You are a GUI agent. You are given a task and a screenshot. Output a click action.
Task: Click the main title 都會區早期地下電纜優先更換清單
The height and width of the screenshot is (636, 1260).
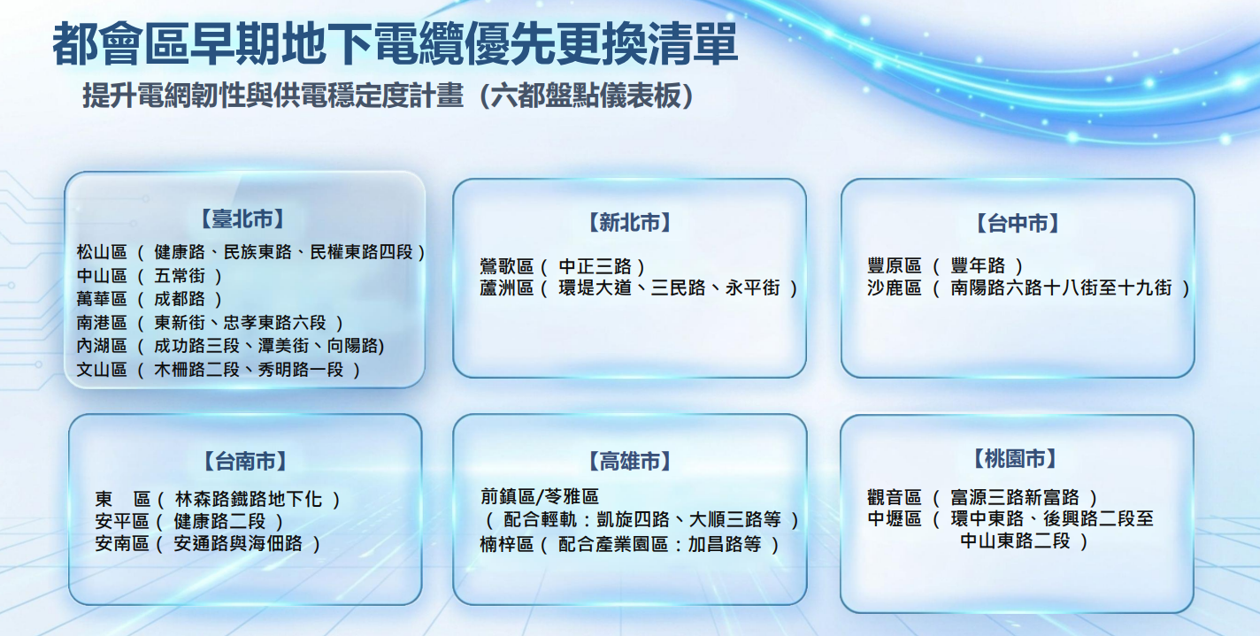(395, 44)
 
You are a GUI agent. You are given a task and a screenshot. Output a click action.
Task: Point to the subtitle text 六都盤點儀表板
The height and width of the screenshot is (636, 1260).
(585, 96)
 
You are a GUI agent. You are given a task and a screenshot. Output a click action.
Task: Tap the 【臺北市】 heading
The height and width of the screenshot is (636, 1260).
(242, 218)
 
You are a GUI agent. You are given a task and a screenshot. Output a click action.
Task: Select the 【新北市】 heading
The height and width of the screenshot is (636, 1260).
(629, 223)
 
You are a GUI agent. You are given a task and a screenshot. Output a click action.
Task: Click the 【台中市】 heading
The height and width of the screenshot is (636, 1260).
(1018, 223)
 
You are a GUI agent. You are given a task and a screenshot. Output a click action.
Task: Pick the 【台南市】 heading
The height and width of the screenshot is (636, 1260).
(245, 461)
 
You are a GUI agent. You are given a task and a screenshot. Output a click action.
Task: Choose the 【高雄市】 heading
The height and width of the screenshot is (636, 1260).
(629, 461)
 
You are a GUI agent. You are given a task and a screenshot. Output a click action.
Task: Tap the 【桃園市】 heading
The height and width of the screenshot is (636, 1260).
(1015, 459)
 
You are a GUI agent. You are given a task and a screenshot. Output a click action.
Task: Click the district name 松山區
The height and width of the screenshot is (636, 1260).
(102, 252)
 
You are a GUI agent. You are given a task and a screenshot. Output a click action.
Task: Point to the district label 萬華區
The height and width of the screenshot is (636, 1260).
(102, 299)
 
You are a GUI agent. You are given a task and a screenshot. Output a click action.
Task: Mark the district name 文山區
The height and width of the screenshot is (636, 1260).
(102, 370)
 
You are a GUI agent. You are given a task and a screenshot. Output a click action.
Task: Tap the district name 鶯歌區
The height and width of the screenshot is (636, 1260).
(506, 266)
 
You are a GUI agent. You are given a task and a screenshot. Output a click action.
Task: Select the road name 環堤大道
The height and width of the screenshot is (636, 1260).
(595, 287)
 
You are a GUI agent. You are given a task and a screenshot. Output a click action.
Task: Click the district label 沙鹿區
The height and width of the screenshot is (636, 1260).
(895, 287)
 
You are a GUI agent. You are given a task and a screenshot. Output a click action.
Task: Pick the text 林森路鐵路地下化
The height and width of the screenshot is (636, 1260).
(248, 499)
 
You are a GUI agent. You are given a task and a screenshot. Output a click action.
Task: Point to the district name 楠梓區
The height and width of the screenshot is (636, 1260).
(506, 544)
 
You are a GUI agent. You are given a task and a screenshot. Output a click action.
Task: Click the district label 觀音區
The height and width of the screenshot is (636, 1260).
(895, 497)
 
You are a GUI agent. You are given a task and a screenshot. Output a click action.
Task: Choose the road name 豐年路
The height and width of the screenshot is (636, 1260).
(978, 265)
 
